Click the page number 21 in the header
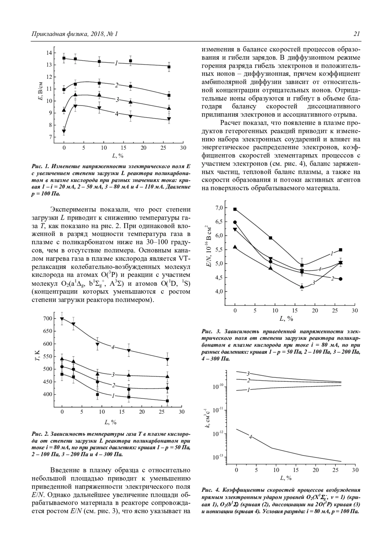356,34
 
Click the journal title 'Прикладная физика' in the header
54,34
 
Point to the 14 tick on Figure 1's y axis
49,53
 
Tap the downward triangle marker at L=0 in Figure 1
64,131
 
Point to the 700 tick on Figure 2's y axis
47,319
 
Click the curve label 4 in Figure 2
113,347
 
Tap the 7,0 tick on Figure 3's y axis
219,208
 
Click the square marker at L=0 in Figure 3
235,209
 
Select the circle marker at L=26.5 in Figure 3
341,279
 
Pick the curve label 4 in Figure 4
250,437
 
